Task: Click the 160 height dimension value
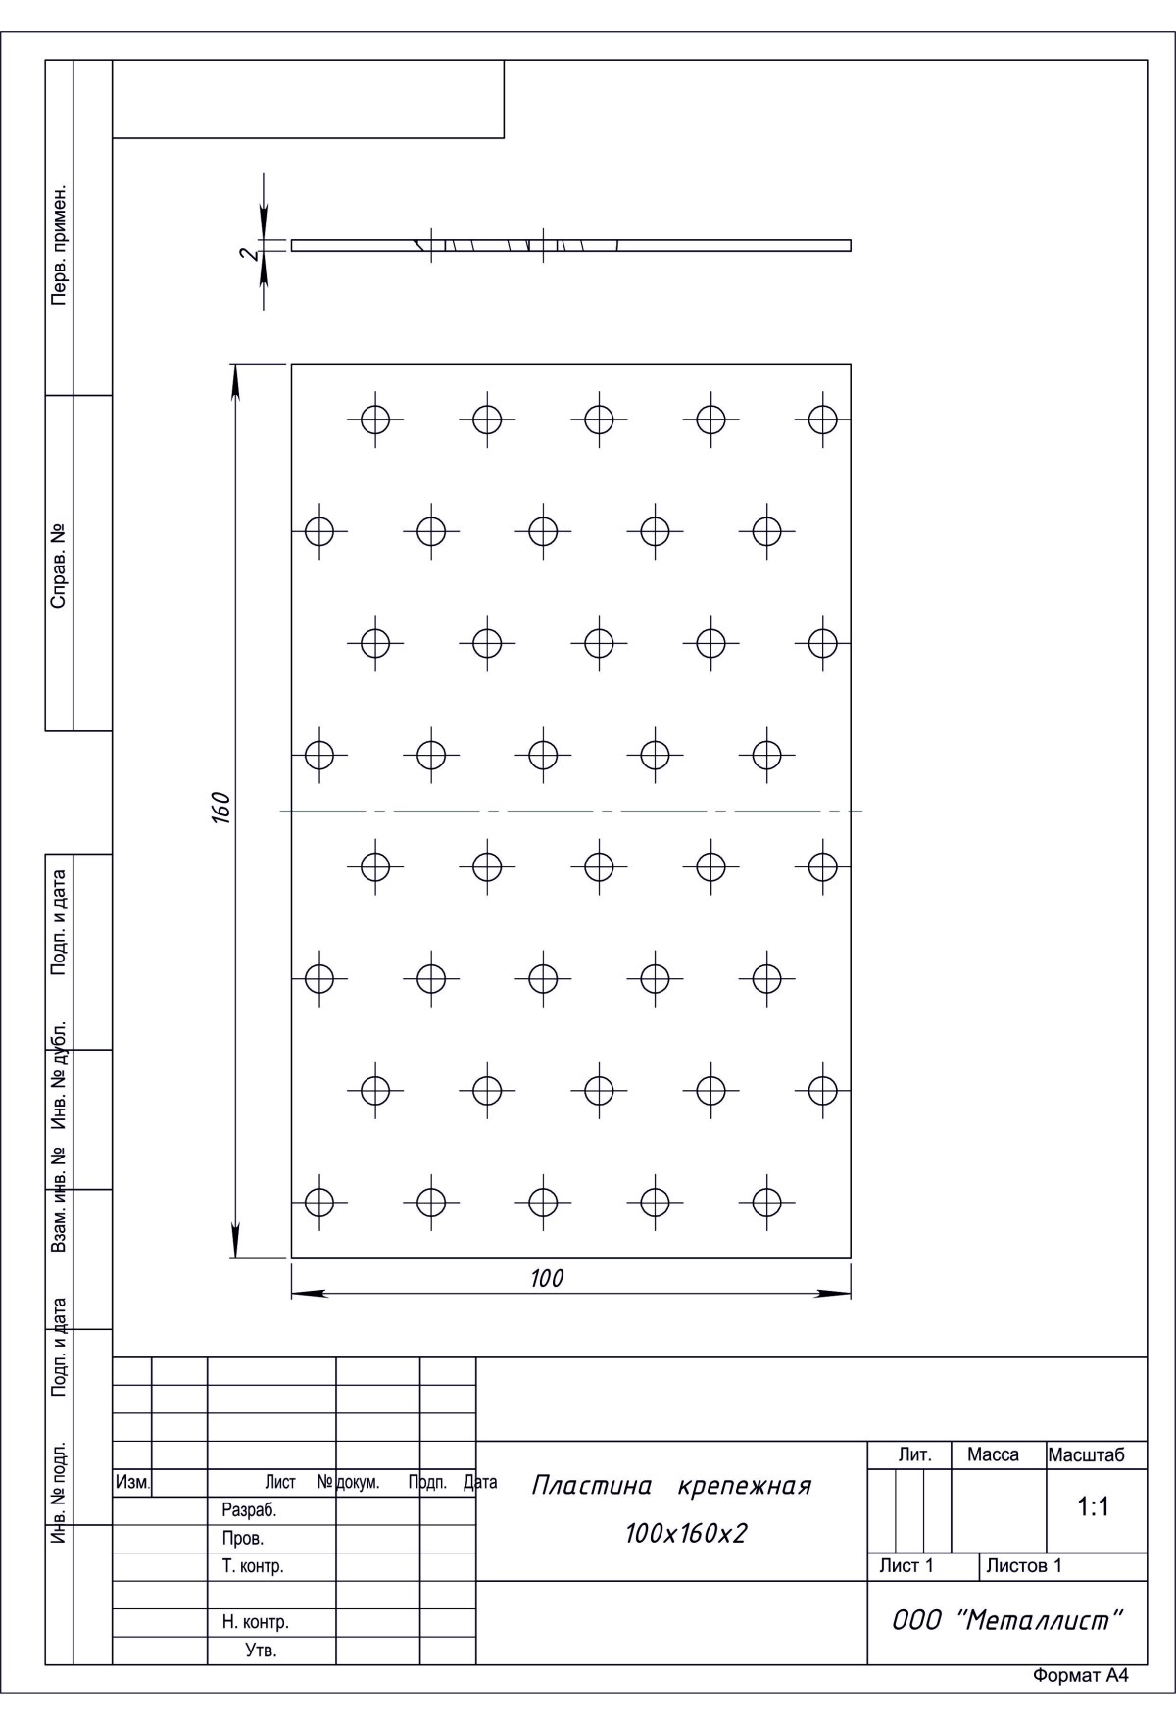click(221, 810)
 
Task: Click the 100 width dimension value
click(547, 1278)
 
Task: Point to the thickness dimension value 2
click(251, 254)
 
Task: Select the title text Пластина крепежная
click(671, 1486)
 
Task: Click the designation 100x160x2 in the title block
click(686, 1533)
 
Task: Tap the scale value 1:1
click(1093, 1507)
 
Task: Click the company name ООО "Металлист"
click(1006, 1620)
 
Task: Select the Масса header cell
click(993, 1455)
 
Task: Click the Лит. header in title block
click(914, 1455)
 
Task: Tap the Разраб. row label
click(250, 1510)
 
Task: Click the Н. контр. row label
click(255, 1622)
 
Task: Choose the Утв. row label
click(261, 1651)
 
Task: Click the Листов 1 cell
click(1023, 1566)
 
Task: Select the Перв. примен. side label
click(59, 243)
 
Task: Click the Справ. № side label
click(59, 564)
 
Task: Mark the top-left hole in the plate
click(375, 419)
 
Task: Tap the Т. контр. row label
click(253, 1566)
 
